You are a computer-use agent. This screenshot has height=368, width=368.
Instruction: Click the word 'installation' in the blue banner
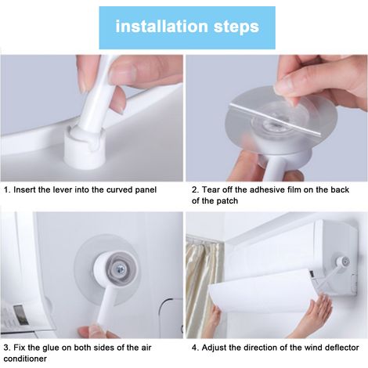[162, 26]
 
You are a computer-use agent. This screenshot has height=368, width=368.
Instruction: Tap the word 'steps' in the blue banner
[236, 27]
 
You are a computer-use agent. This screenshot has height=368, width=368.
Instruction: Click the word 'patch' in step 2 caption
[228, 201]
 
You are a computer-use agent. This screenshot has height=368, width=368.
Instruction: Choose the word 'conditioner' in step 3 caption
[25, 359]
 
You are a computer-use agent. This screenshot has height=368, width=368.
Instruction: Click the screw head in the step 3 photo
[121, 269]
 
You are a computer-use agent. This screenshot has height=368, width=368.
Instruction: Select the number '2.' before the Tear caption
[195, 189]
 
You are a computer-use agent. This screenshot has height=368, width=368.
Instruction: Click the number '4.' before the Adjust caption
[195, 348]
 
